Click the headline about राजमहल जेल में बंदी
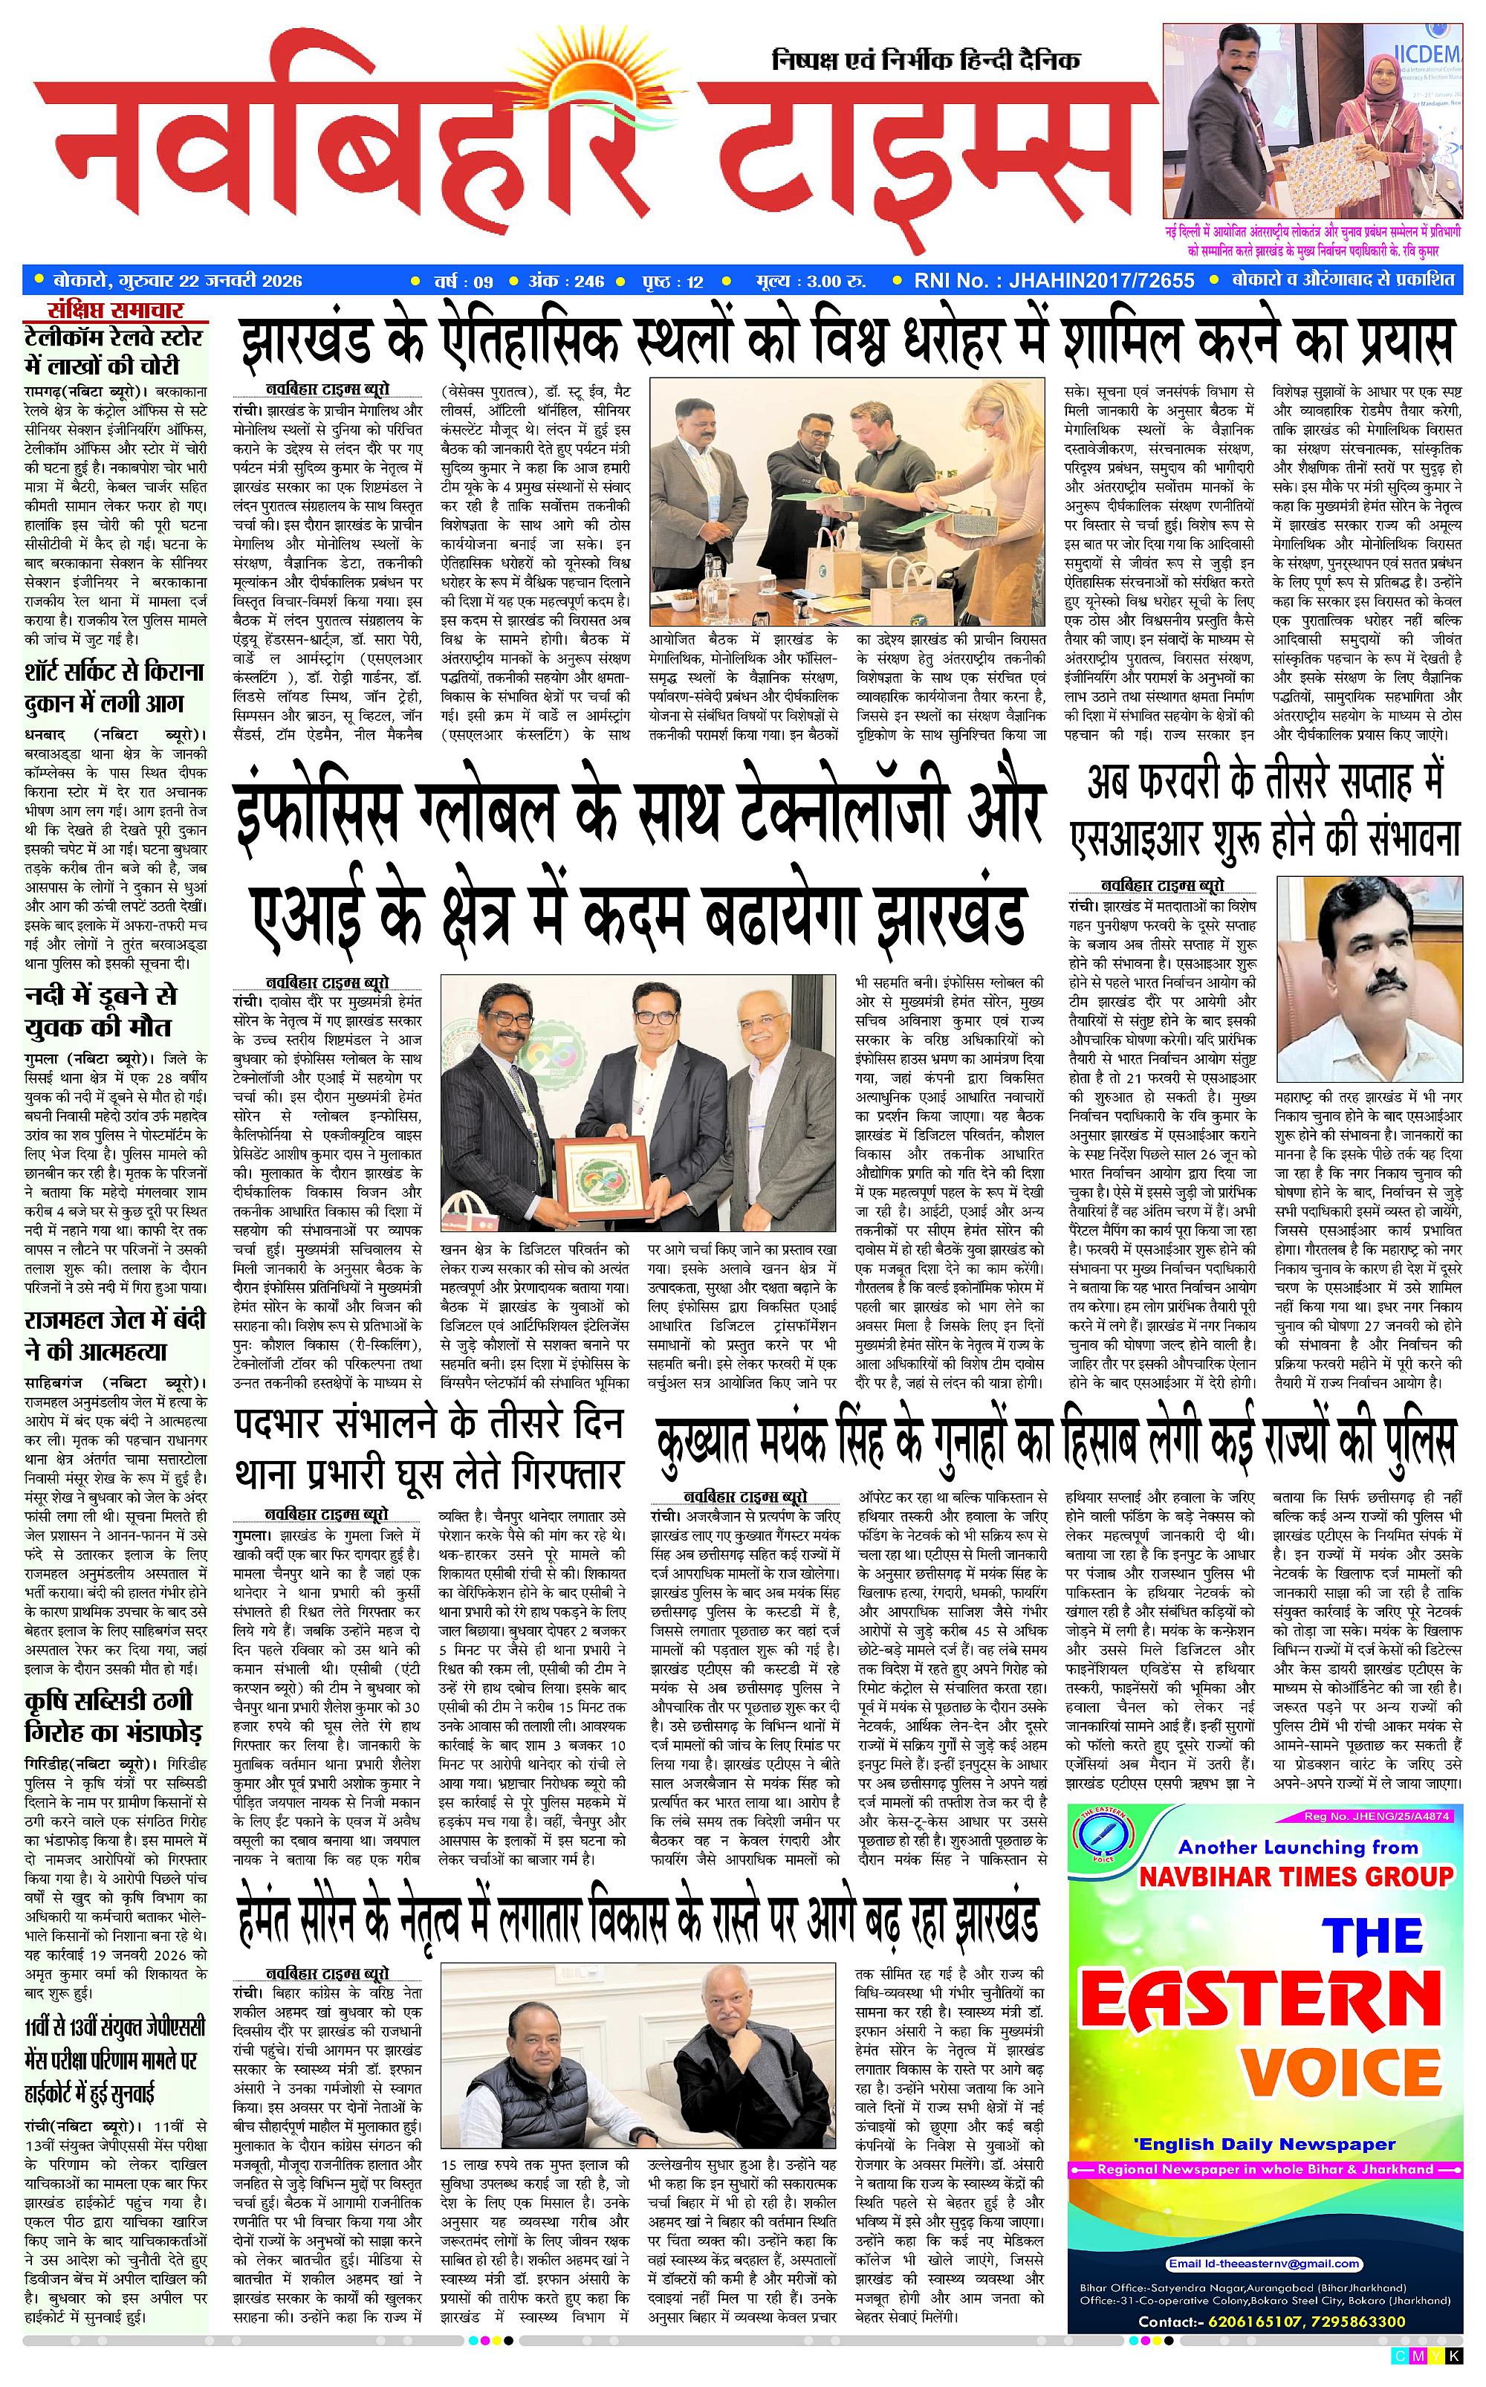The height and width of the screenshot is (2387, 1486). click(x=116, y=1335)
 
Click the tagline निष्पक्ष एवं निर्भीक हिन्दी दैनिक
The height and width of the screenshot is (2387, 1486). click(x=925, y=61)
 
